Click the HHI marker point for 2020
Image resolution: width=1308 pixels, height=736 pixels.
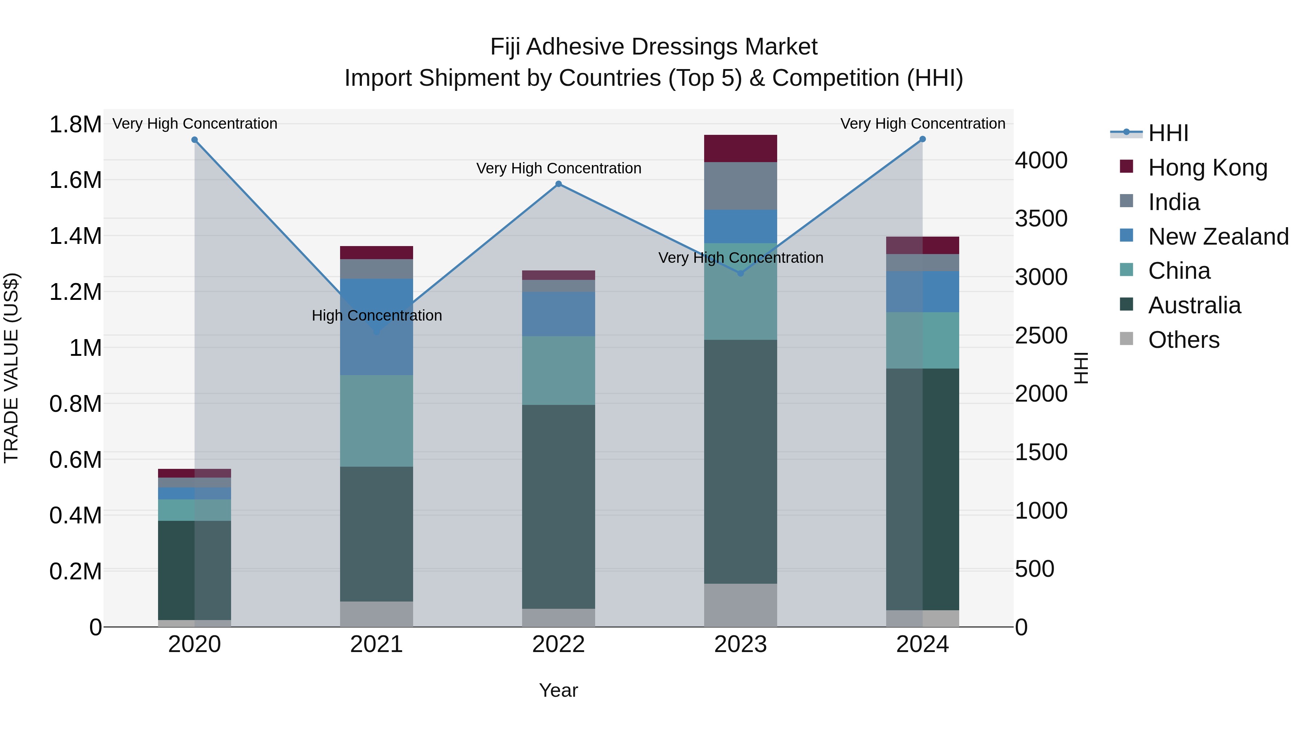(x=194, y=140)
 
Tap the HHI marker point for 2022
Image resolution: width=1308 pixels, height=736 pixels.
(x=558, y=184)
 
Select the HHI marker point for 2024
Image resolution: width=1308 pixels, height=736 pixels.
(x=923, y=139)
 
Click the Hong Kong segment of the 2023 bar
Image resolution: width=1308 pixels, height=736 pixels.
(x=740, y=148)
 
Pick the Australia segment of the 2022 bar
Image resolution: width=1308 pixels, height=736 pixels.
(x=558, y=506)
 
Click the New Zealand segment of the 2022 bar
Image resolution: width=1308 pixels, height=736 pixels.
(x=558, y=314)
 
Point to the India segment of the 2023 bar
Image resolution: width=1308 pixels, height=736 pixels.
(x=740, y=186)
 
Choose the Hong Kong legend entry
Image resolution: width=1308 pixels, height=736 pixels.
(x=1207, y=167)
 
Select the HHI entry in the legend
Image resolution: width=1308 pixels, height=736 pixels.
(x=1168, y=133)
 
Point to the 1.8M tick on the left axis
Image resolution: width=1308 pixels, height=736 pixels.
(x=75, y=124)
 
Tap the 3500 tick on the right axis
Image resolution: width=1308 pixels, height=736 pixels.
(x=1041, y=218)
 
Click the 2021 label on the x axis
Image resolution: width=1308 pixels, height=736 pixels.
(x=376, y=644)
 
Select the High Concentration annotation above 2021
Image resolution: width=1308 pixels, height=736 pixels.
(x=376, y=315)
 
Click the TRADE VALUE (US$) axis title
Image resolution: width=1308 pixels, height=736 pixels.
(x=11, y=368)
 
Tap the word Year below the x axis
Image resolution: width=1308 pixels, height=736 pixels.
(x=558, y=690)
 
